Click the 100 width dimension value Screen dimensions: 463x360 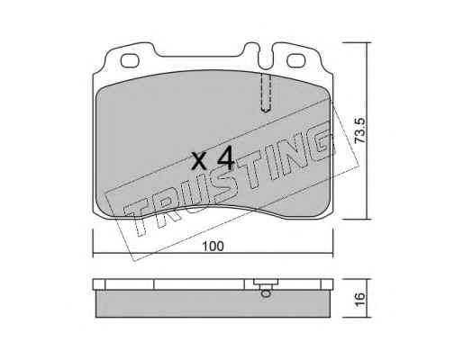pyautogui.click(x=213, y=247)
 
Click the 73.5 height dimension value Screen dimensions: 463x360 pyautogui.click(x=359, y=130)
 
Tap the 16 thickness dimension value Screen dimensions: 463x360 pyautogui.click(x=359, y=299)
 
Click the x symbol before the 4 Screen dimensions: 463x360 pyautogui.click(x=199, y=161)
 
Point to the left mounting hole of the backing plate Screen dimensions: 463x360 pyautogui.click(x=130, y=60)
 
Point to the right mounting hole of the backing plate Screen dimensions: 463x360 pyautogui.click(x=296, y=60)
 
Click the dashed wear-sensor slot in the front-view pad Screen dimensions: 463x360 pyautogui.click(x=266, y=93)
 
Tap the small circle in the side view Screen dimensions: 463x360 pyautogui.click(x=266, y=293)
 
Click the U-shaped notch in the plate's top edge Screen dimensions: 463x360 pyautogui.click(x=266, y=58)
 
